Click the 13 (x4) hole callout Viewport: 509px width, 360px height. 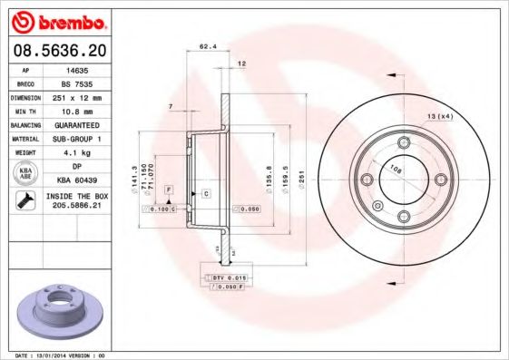[440, 117]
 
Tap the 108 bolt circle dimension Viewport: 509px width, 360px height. [395, 169]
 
